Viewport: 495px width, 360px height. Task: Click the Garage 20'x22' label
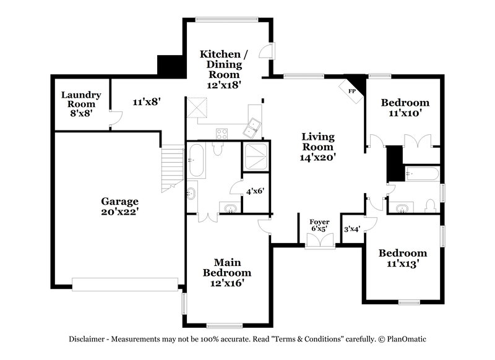tap(119, 206)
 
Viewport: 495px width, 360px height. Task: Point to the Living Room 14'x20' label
tap(317, 147)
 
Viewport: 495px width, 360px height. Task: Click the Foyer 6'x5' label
tap(320, 225)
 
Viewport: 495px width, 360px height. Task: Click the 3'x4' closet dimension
tap(351, 228)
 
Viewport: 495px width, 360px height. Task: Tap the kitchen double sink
tap(253, 128)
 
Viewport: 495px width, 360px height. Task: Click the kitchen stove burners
tap(221, 132)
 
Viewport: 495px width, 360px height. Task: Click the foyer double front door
tap(320, 241)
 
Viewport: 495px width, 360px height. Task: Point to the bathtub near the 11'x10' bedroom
tap(421, 175)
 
